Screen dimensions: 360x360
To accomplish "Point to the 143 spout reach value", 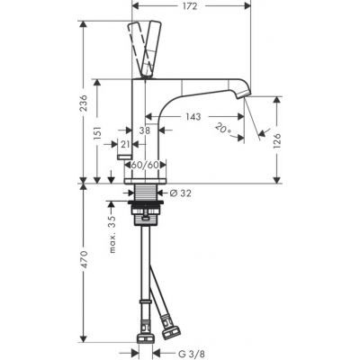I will point(193,116).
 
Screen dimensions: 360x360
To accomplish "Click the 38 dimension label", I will point(144,130).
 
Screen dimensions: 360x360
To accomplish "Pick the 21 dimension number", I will point(124,143).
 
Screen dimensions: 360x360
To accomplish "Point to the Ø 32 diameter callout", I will point(180,193).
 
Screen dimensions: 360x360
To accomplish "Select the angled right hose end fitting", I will point(166,318).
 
